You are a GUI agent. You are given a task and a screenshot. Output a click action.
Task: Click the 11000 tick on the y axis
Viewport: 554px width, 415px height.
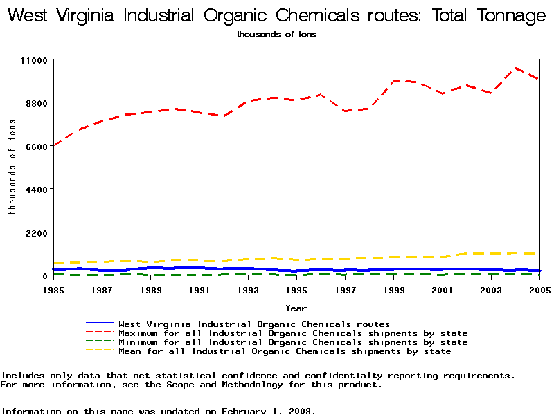(33, 60)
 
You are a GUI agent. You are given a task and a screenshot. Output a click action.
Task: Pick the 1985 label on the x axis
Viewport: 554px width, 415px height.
(53, 289)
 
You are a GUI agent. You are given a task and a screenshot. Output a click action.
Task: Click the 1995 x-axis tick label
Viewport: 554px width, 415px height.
(296, 289)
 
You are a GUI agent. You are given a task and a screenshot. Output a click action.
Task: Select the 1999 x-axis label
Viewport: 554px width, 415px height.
(394, 289)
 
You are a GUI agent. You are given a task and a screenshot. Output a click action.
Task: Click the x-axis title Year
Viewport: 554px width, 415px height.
(296, 308)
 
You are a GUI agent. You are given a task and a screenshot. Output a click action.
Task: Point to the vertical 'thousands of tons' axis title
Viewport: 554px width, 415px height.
(12, 166)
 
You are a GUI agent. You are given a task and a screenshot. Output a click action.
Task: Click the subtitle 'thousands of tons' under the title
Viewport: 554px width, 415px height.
(276, 35)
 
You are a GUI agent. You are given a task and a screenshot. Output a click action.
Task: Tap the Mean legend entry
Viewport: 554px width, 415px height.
(285, 351)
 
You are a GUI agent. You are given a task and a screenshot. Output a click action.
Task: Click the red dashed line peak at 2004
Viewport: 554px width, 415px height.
(515, 68)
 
